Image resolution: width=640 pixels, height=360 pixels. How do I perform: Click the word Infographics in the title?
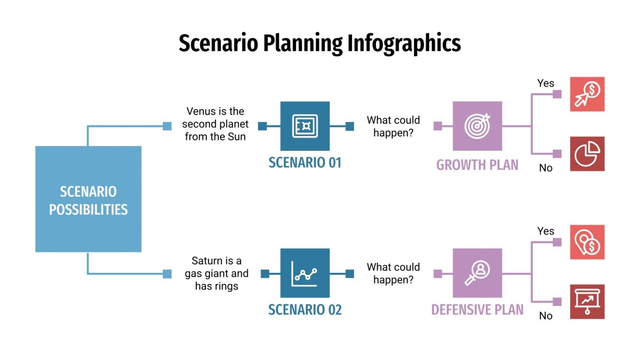[404, 44]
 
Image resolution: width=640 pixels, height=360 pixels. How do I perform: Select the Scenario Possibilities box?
[88, 199]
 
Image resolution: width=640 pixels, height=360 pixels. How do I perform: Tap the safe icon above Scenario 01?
[305, 126]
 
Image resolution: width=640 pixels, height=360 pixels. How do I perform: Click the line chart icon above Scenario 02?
[305, 273]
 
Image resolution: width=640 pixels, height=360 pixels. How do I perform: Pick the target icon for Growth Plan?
[477, 126]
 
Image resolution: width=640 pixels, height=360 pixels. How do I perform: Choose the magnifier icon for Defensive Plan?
[477, 273]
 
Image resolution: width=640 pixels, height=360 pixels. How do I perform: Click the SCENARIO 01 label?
[305, 163]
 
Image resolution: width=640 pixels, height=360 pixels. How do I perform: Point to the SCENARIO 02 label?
[305, 310]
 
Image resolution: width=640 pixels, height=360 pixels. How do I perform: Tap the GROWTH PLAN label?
[477, 165]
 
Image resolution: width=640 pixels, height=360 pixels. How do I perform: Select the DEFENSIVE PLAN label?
[477, 310]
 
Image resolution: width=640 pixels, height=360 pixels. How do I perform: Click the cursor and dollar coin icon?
[587, 94]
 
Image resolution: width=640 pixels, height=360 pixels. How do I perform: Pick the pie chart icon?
[587, 154]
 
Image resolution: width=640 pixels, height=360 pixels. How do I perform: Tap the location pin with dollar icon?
[587, 242]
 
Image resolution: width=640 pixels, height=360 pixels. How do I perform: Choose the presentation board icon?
[587, 302]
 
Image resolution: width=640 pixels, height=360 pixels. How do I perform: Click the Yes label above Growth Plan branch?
[546, 83]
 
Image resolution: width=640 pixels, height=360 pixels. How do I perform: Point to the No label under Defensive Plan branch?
[546, 316]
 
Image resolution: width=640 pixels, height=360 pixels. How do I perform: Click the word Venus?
[201, 112]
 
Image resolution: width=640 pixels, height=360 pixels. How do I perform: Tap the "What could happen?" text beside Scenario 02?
[393, 273]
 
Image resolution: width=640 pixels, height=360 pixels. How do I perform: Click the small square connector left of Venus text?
[167, 126]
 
